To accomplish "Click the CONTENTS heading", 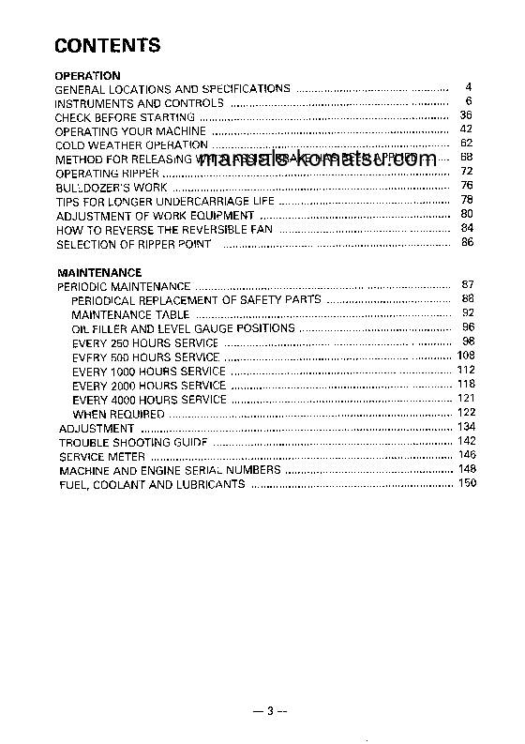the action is tap(108, 45).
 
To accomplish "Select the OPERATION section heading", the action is tap(87, 75).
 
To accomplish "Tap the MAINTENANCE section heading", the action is tap(99, 273).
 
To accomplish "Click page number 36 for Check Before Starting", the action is tap(466, 115).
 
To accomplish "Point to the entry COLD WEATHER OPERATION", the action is tap(131, 145).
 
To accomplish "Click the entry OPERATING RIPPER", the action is tap(109, 174).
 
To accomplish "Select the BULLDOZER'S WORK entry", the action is tap(112, 188).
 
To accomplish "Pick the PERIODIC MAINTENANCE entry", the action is tap(124, 286).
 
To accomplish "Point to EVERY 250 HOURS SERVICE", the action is tap(145, 342).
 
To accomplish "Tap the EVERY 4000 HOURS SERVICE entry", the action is tap(149, 399).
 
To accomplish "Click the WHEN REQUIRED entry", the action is tap(118, 414).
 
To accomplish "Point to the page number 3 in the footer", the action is tap(268, 712).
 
